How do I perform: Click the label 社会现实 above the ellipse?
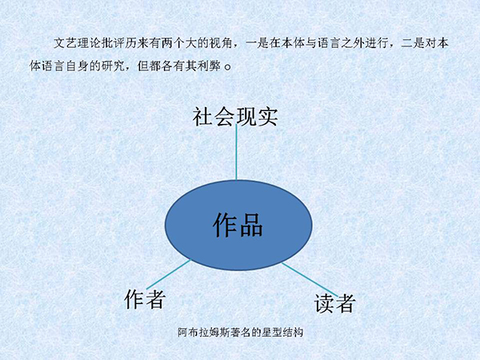tap(235, 117)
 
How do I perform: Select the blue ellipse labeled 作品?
tap(238, 225)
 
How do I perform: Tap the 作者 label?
tap(145, 298)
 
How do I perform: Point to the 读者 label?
tap(334, 303)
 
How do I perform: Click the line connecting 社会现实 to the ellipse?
tap(236, 152)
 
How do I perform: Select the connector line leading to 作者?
tap(169, 274)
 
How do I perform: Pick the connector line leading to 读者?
tap(310, 279)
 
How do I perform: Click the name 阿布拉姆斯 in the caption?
tap(203, 332)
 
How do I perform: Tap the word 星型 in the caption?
tap(272, 332)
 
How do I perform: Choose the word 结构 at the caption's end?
tap(293, 332)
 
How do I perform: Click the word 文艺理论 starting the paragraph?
tap(77, 43)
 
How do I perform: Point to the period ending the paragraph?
tap(228, 67)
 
